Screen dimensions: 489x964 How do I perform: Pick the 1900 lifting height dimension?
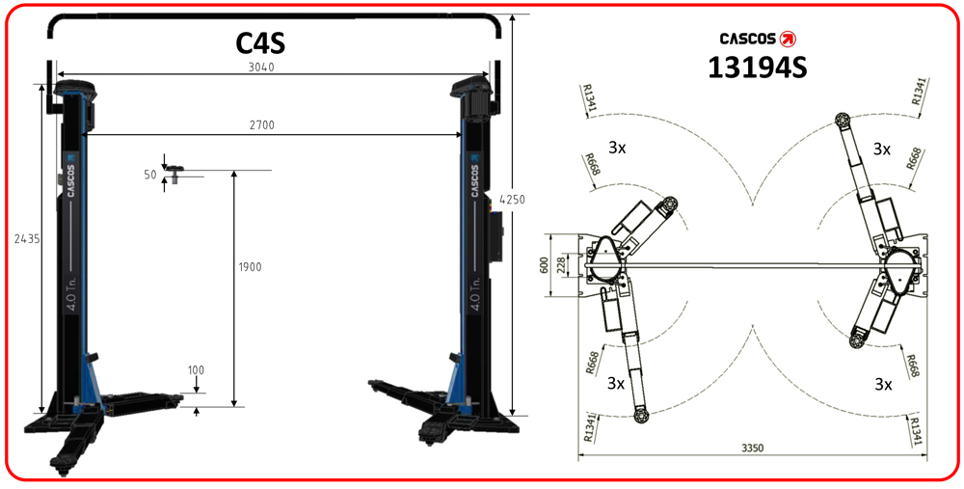pos(248,267)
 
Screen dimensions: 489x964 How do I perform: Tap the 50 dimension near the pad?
pos(149,175)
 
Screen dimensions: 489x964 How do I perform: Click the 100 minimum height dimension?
pos(197,370)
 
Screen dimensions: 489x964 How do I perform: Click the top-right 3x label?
pos(882,149)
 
